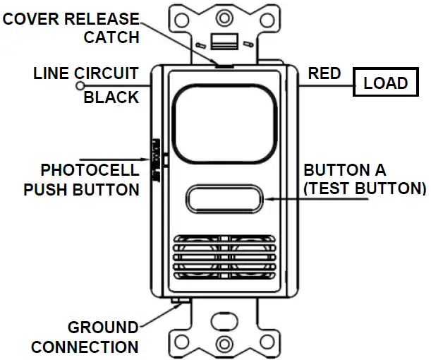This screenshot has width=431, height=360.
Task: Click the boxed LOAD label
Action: click(386, 83)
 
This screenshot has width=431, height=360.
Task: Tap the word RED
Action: click(324, 73)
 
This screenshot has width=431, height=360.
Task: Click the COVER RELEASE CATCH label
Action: click(71, 28)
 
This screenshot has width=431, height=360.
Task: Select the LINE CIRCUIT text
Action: click(86, 73)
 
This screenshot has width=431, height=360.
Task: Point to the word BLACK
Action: click(111, 97)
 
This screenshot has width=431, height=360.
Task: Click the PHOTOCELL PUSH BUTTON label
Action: click(81, 179)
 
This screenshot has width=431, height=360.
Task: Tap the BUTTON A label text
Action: click(345, 170)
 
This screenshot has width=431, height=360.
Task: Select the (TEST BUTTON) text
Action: click(365, 189)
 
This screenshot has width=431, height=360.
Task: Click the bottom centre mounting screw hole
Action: click(224, 344)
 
